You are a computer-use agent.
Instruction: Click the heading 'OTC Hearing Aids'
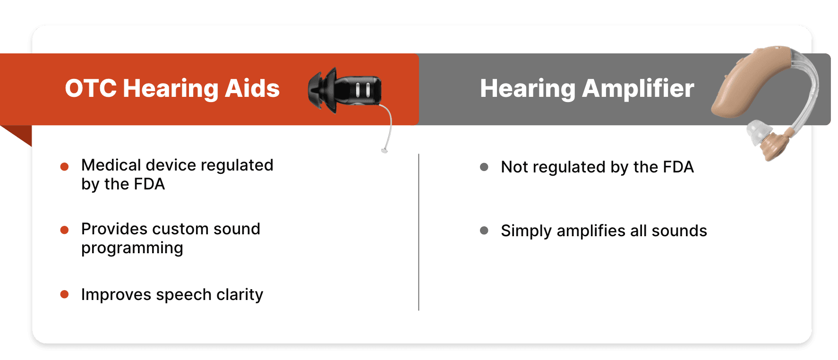[x=172, y=89]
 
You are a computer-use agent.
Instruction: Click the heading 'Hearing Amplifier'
[x=587, y=89]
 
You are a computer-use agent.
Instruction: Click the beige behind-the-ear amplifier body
[x=751, y=80]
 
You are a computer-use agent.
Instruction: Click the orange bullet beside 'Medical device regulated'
[x=65, y=166]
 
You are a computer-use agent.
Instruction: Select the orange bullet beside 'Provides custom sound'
[x=65, y=230]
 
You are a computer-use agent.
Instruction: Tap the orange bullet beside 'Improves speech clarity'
[x=65, y=294]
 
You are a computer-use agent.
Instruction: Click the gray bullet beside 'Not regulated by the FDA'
[x=484, y=167]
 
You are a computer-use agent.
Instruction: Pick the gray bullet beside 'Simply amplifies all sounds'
[x=484, y=231]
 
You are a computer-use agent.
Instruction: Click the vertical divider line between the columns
[x=419, y=232]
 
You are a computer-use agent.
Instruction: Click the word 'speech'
[x=184, y=295]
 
